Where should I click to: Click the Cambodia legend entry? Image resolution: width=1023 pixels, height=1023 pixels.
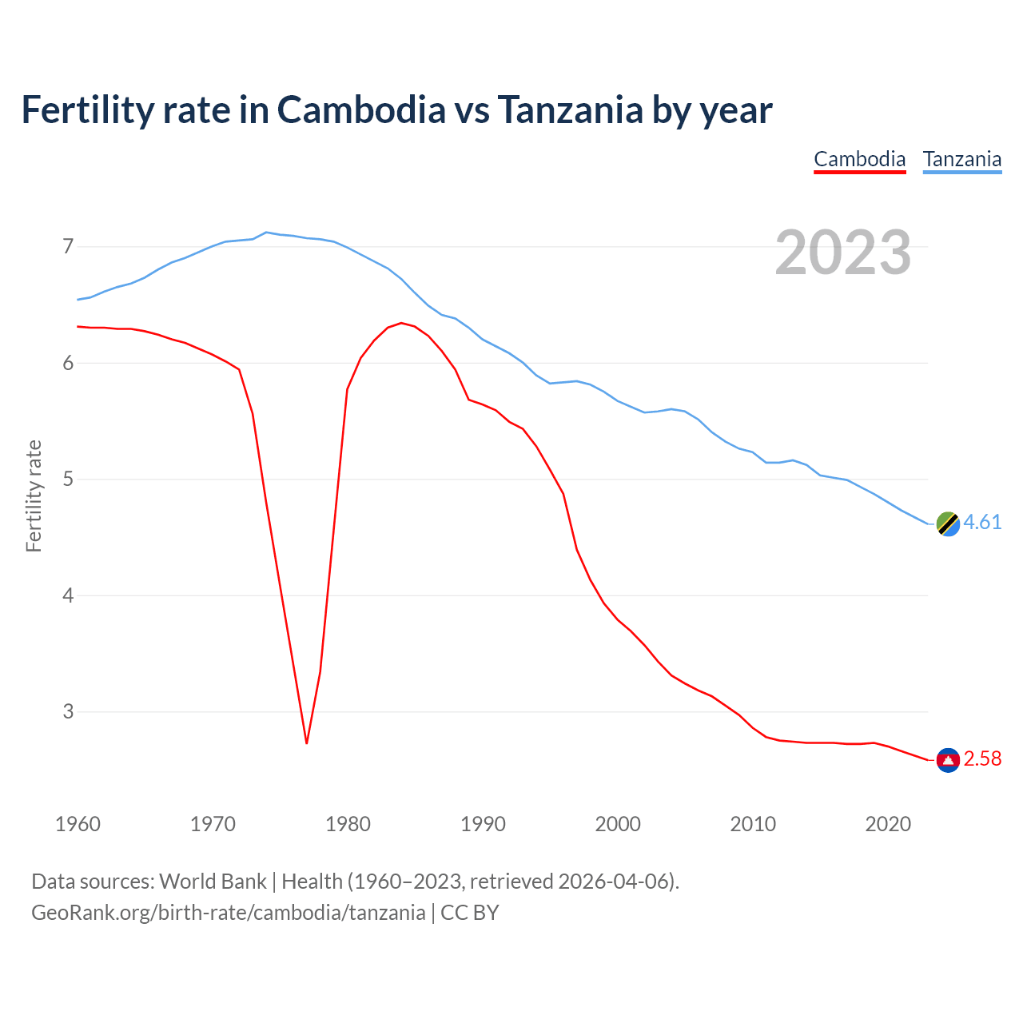click(859, 159)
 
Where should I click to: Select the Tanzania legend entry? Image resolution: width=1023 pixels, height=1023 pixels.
click(962, 159)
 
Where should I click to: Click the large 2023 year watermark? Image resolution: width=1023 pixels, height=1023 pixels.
click(843, 253)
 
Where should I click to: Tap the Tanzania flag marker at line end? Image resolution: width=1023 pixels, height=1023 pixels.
click(948, 523)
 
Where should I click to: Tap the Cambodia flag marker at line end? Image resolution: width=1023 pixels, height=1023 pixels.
click(948, 760)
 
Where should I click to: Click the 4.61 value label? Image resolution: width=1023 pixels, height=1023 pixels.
click(982, 522)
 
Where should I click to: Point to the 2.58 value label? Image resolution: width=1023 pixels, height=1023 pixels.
click(982, 758)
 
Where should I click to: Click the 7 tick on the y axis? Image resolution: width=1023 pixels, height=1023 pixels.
click(68, 246)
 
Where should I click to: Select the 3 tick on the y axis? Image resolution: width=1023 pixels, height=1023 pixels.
click(68, 711)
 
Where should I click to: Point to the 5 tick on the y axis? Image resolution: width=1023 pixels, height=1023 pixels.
click(68, 480)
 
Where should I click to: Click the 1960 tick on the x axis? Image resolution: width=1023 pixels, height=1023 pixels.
click(78, 824)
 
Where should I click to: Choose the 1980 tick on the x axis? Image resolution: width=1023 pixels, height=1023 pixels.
click(348, 824)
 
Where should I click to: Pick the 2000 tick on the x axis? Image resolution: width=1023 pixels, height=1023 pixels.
click(618, 824)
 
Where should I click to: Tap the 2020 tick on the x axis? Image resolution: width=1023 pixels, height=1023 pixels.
click(888, 824)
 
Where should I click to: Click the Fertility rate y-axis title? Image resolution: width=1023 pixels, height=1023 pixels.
click(34, 496)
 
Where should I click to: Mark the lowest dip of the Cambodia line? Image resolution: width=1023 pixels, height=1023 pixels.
click(306, 743)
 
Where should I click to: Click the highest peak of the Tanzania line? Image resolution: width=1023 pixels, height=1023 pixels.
click(266, 232)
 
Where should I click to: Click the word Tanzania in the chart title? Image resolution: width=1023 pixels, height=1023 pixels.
click(570, 109)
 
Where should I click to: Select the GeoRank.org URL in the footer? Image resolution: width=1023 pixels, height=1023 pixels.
click(228, 913)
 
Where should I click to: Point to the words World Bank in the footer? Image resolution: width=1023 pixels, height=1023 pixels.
click(213, 882)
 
